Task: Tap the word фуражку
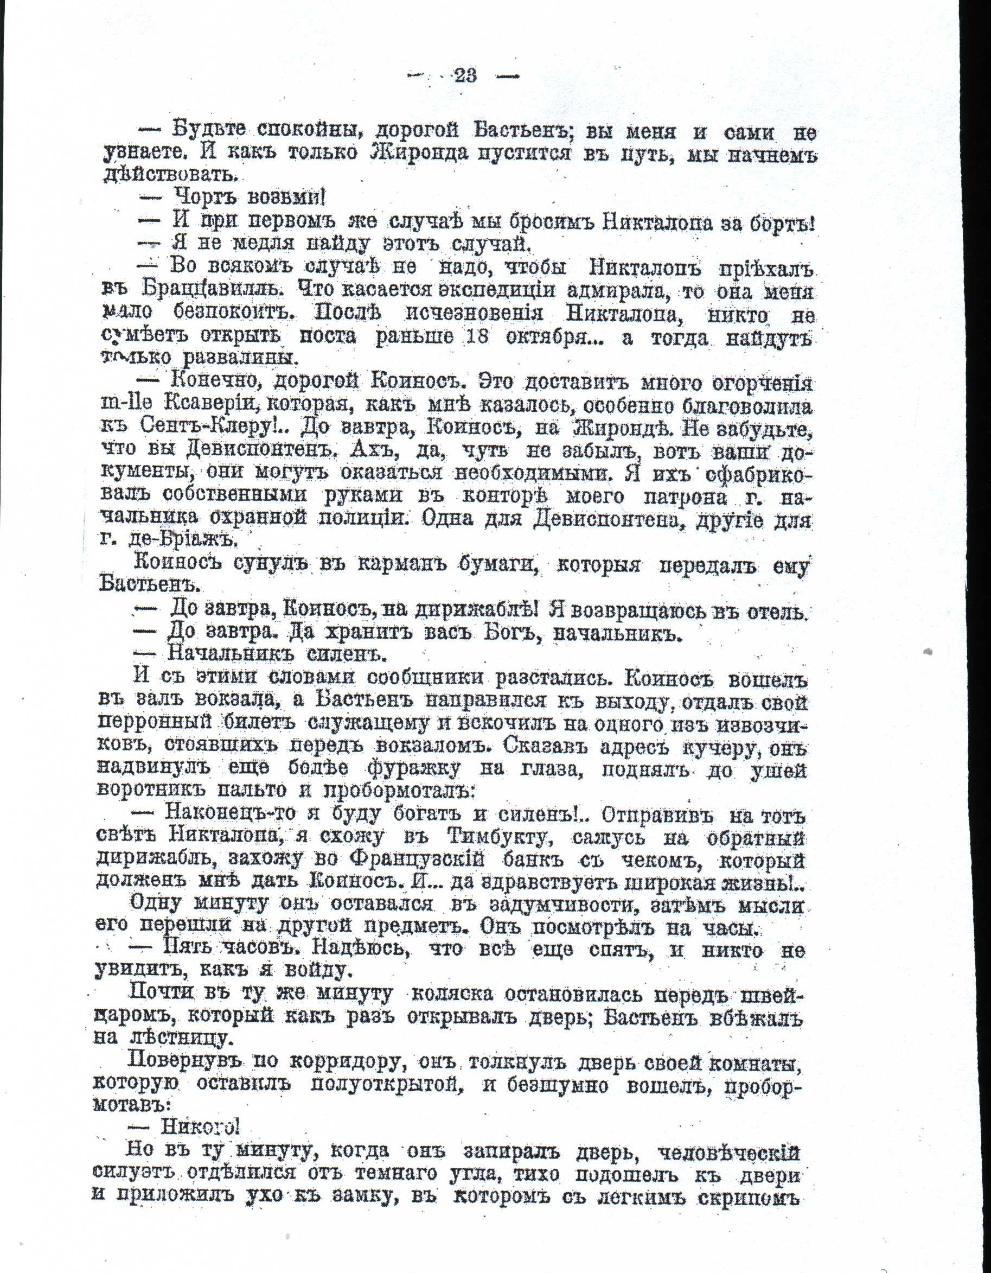[413, 768]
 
